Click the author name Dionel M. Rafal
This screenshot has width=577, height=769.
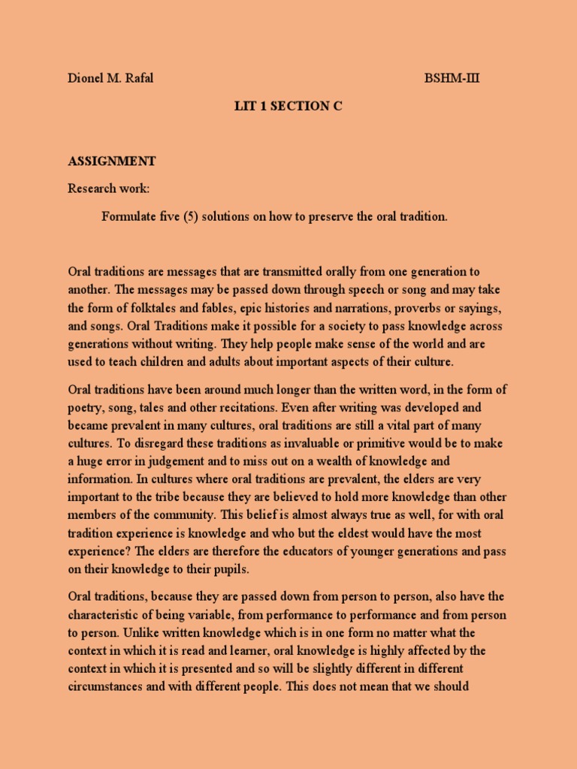pyautogui.click(x=110, y=79)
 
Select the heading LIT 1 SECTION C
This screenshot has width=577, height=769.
pyautogui.click(x=288, y=106)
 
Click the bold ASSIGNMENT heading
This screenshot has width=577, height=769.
pyautogui.click(x=112, y=161)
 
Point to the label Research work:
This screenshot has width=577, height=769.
pyautogui.click(x=113, y=188)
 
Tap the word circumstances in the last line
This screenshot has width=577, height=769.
pyautogui.click(x=110, y=686)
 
